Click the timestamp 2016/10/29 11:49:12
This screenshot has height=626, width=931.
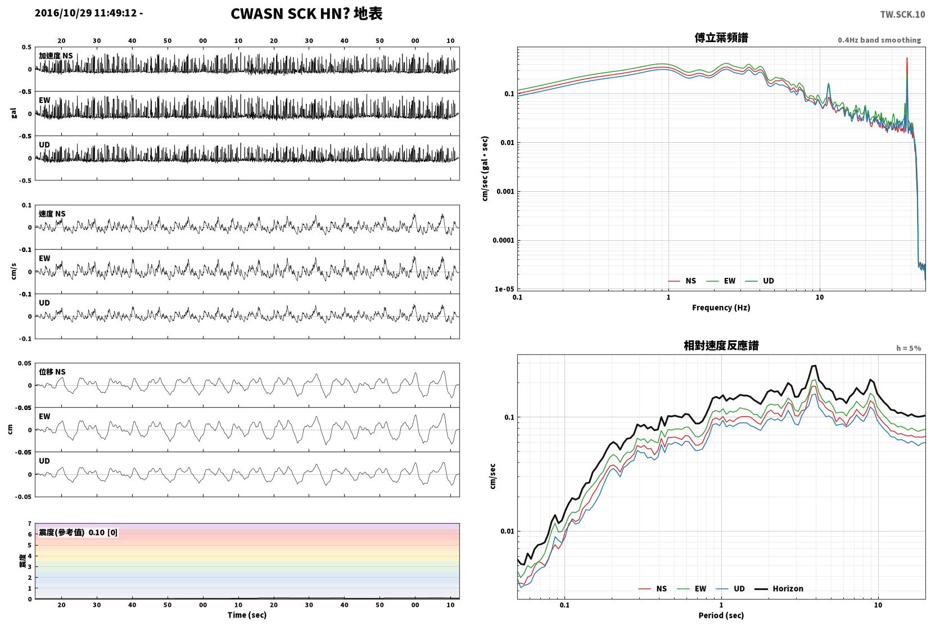[85, 13]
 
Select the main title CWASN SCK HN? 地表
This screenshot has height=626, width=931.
[306, 13]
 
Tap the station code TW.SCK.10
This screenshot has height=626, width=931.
[902, 15]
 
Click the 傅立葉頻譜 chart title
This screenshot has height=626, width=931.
[721, 38]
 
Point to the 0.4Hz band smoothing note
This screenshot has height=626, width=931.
[879, 40]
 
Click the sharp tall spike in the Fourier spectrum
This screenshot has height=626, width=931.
[906, 58]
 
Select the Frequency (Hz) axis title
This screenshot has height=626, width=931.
[721, 308]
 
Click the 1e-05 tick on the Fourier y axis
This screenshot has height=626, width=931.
[504, 289]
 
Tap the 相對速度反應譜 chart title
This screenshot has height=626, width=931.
[721, 345]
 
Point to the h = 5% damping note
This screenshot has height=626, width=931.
[908, 348]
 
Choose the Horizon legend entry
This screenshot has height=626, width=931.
[779, 588]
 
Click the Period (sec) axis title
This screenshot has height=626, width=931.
[721, 615]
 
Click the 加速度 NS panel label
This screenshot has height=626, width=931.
[56, 56]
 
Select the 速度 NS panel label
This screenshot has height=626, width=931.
[52, 214]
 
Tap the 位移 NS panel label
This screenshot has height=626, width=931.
[52, 372]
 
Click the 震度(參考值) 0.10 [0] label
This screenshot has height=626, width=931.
[78, 533]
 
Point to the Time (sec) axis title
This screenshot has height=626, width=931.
[247, 615]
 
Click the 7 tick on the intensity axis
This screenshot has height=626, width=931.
[29, 523]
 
